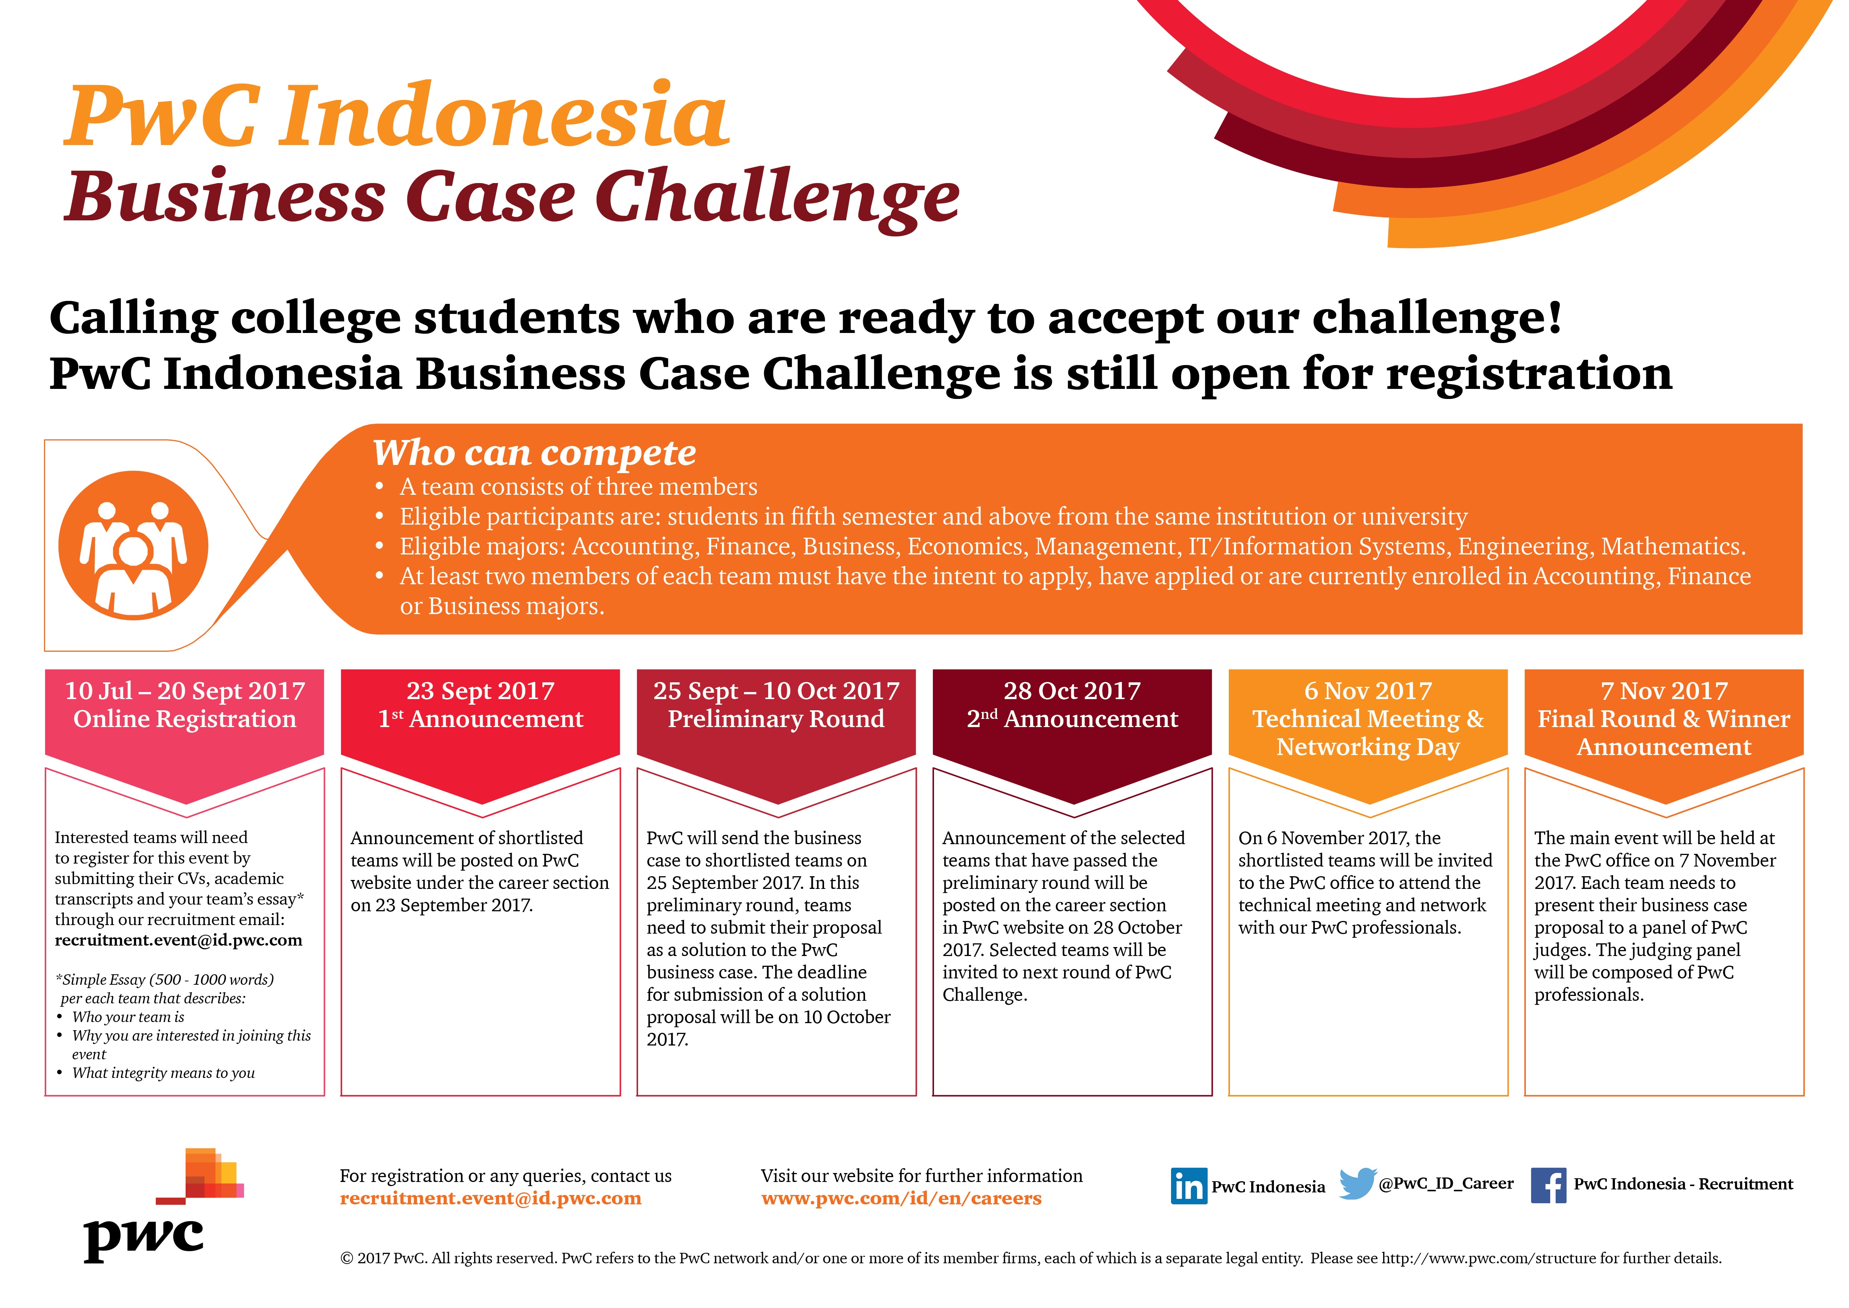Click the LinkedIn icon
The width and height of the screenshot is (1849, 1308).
(1189, 1186)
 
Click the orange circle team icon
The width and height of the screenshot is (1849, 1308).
(134, 545)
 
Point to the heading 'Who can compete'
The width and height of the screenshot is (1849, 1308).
(534, 453)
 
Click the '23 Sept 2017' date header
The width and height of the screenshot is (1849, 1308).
(481, 691)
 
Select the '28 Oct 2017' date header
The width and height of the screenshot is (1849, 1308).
(1072, 691)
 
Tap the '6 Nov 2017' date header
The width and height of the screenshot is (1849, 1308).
(1368, 691)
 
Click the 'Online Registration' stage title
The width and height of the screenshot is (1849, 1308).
(185, 719)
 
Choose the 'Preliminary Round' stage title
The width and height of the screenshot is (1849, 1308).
(776, 719)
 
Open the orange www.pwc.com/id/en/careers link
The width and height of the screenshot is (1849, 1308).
(901, 1198)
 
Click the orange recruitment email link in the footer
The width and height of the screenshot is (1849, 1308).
(490, 1198)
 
